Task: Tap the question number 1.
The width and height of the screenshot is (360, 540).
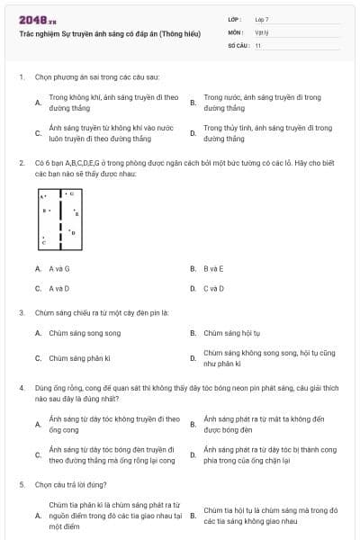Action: click(21, 77)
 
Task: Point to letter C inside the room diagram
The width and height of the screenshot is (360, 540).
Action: click(43, 242)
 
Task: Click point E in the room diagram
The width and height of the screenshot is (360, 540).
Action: click(76, 214)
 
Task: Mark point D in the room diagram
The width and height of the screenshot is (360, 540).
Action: click(73, 232)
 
